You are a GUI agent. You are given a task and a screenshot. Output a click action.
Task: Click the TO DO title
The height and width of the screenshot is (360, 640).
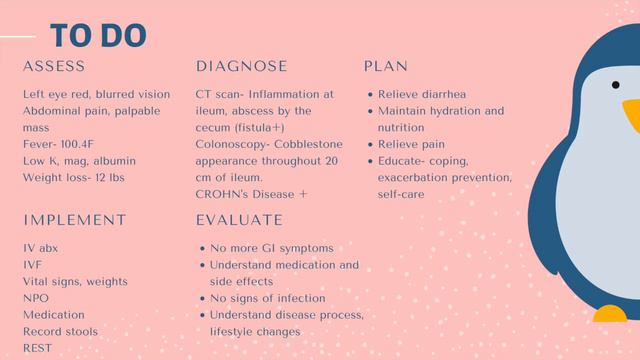click(98, 36)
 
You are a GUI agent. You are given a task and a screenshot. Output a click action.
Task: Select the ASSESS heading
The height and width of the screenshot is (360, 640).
click(60, 67)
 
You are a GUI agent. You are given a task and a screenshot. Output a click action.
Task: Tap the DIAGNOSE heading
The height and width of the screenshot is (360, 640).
click(241, 67)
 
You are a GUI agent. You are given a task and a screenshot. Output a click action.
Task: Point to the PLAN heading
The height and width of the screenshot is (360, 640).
click(385, 67)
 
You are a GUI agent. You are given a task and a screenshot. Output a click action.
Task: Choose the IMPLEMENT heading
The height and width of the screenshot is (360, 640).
click(75, 220)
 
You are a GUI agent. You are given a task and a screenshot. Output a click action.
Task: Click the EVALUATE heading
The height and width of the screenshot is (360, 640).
click(239, 220)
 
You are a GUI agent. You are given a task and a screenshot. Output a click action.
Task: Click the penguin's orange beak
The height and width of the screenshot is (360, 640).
click(631, 115)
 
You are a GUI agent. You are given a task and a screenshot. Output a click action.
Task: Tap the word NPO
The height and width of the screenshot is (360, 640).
click(37, 298)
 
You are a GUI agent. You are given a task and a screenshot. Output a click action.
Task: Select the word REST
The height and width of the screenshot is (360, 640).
click(38, 348)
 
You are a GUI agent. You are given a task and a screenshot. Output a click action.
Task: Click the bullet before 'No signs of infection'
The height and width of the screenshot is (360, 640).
click(202, 298)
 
